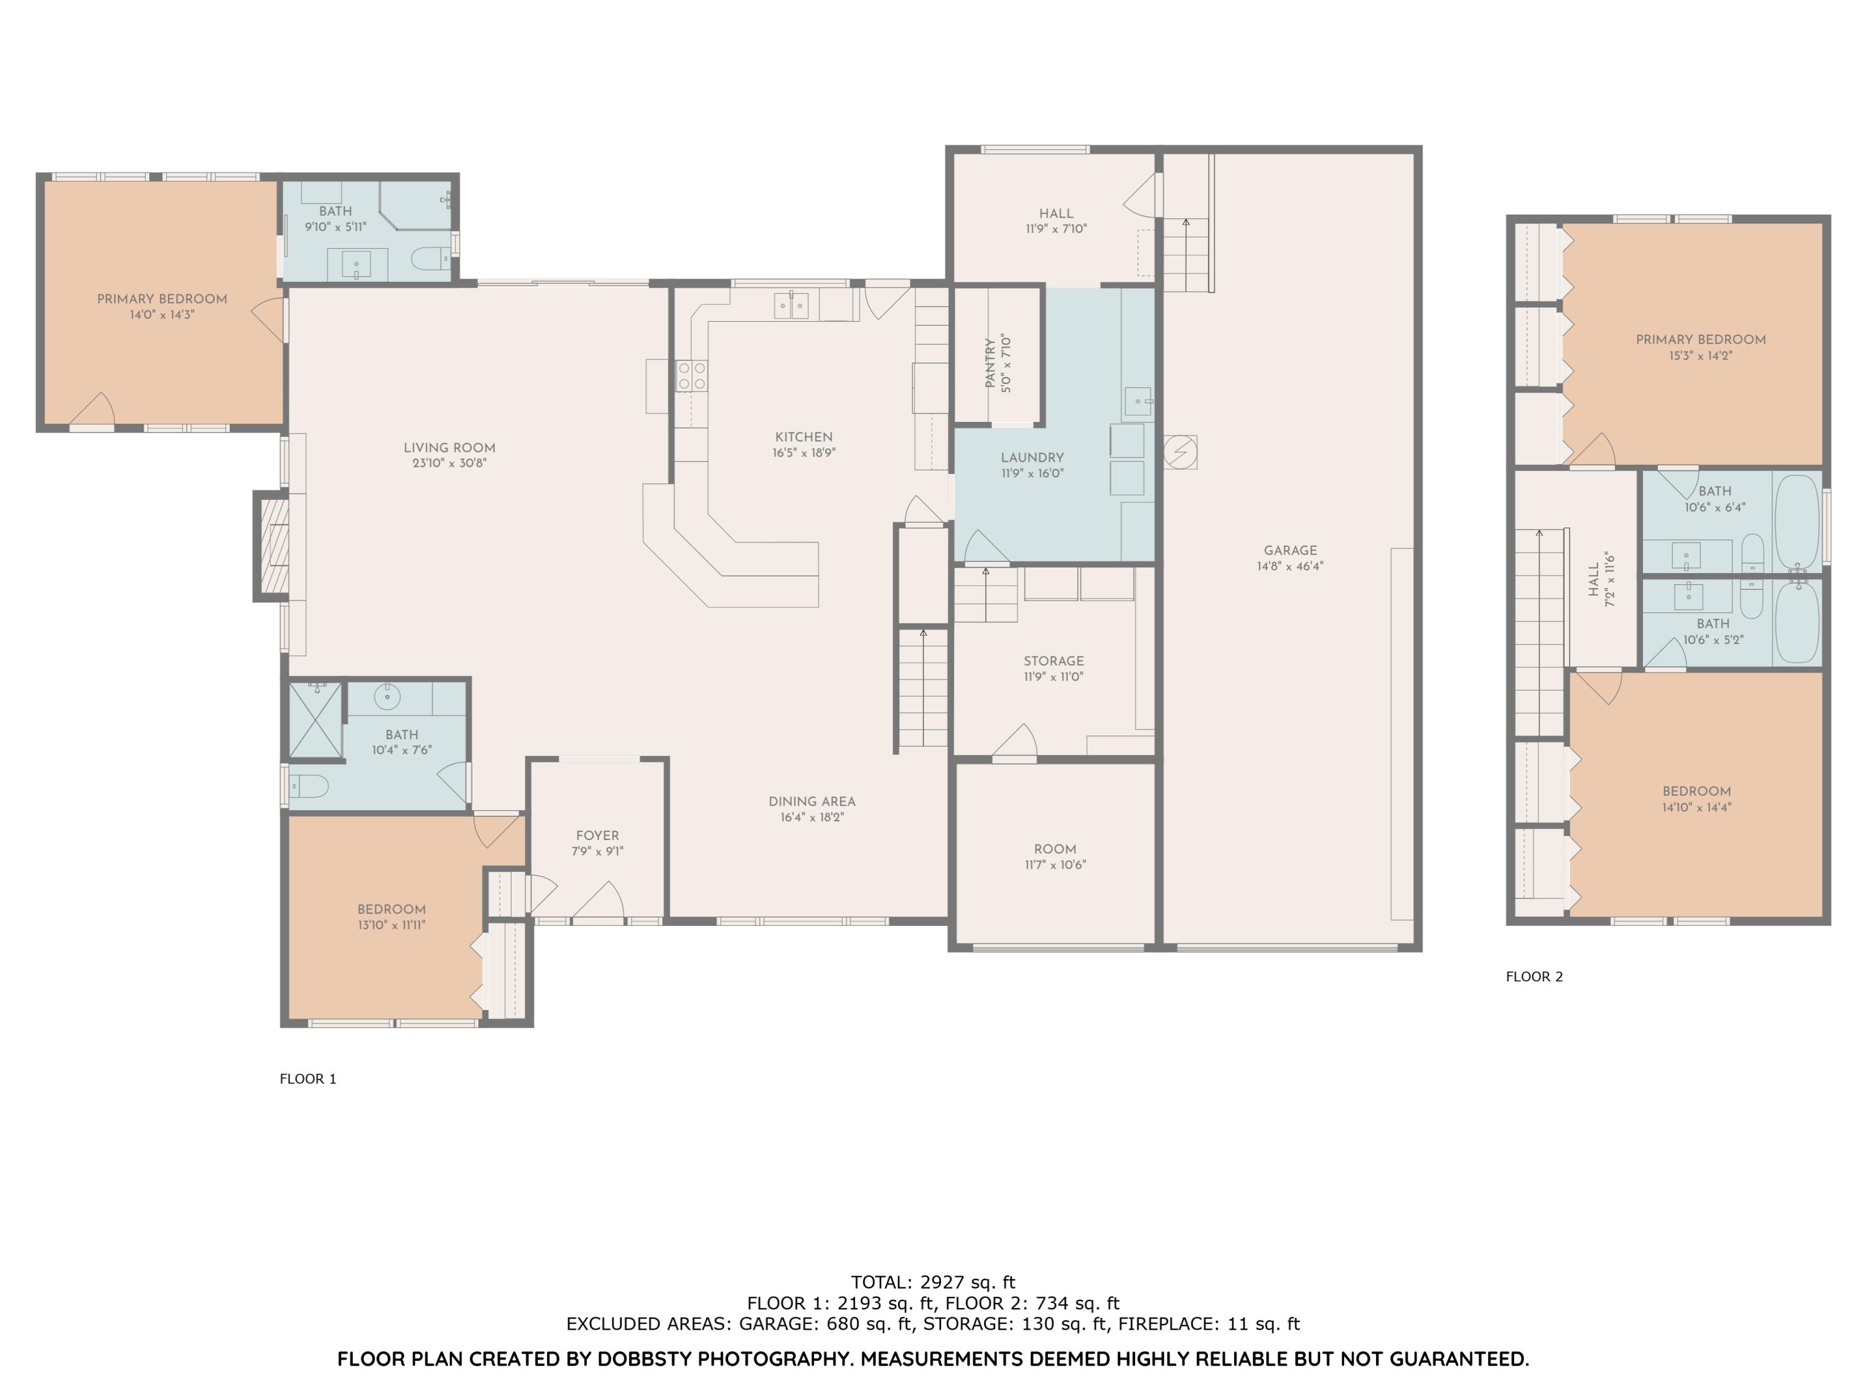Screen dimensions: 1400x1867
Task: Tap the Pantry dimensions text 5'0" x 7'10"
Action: (1006, 364)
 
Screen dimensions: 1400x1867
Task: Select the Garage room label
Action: (1289, 550)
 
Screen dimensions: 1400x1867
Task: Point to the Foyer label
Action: (597, 836)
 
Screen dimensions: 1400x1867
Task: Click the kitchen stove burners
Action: (691, 376)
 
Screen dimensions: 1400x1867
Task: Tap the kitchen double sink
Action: (791, 305)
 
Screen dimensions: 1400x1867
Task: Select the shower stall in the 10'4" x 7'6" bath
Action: (315, 720)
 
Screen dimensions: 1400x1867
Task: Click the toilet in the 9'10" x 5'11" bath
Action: (431, 258)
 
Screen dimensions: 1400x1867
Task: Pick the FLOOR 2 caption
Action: (1533, 976)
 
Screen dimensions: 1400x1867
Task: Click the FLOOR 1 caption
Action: (307, 1078)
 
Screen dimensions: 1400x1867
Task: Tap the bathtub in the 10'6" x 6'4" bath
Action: (1796, 523)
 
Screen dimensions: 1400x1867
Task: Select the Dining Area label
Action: (811, 801)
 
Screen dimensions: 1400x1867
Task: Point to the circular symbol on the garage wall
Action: (1179, 452)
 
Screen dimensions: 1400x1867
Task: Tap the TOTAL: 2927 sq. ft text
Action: (933, 1282)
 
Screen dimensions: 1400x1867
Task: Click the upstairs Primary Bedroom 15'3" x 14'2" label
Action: (1700, 339)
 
